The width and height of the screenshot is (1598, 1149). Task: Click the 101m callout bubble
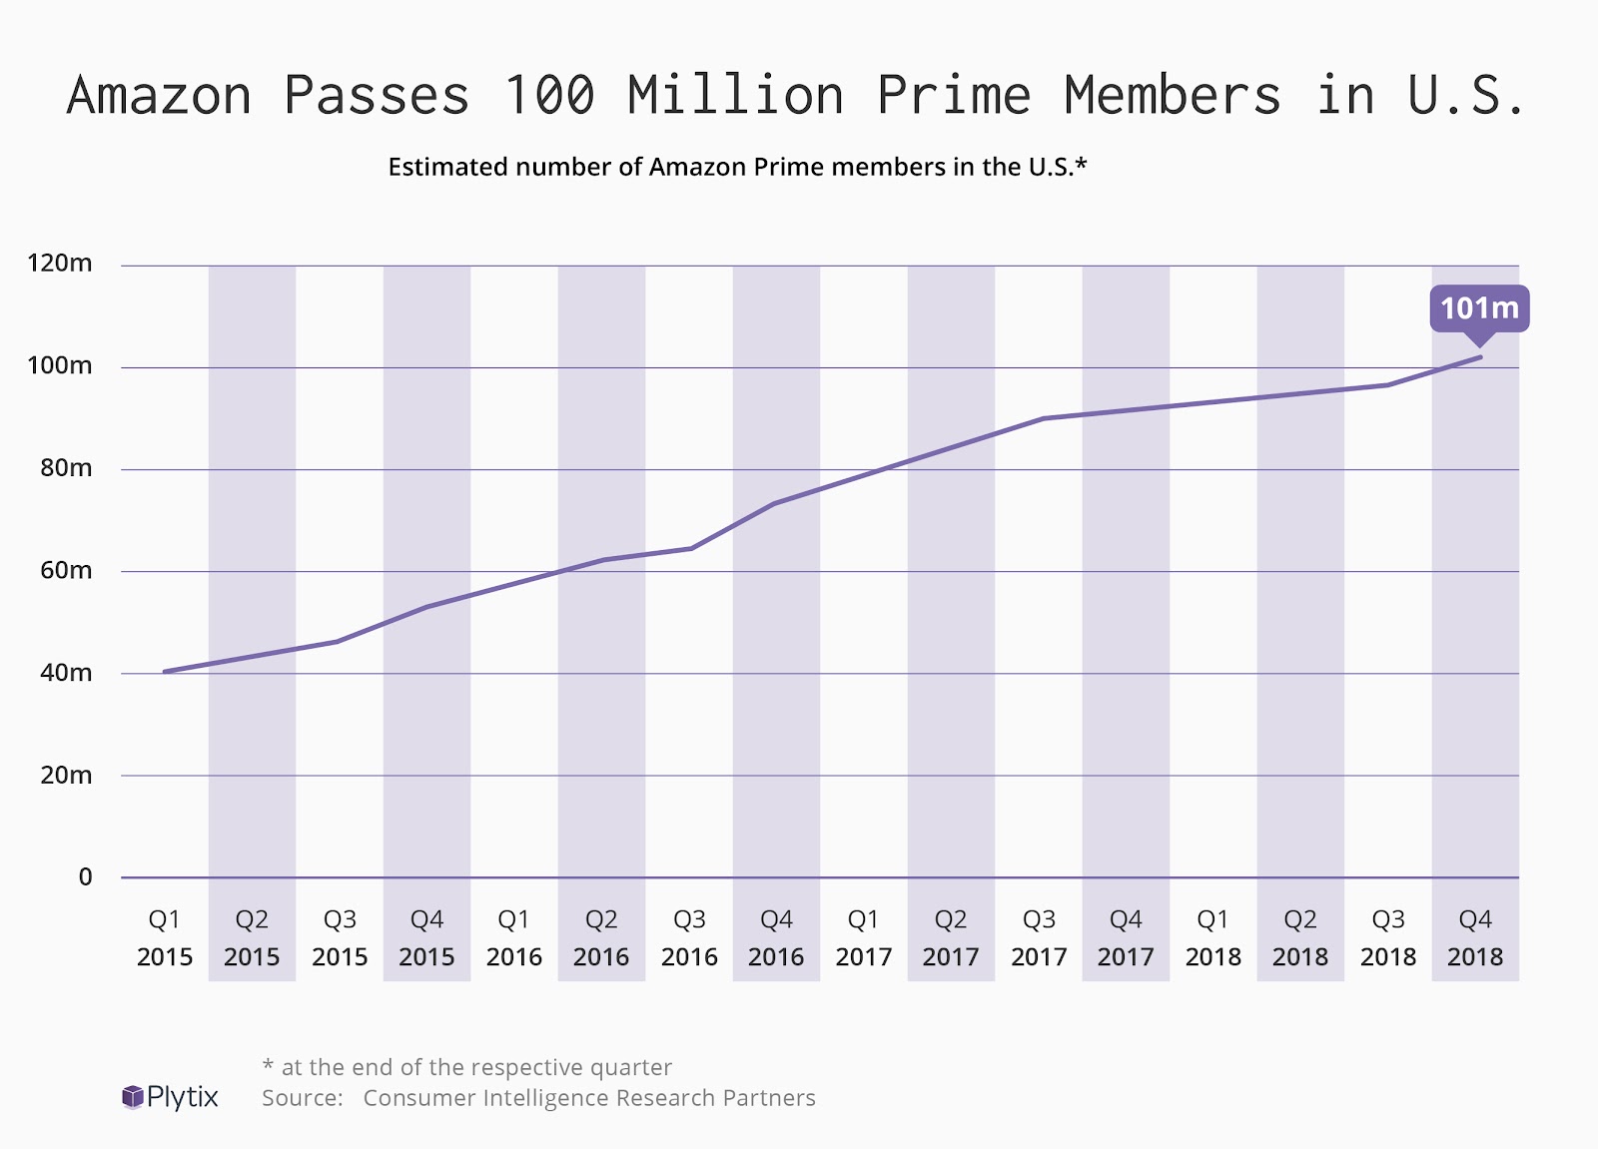click(x=1479, y=308)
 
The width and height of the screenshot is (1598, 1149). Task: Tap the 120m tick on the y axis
click(x=60, y=264)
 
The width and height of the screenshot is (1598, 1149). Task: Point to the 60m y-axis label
click(x=66, y=570)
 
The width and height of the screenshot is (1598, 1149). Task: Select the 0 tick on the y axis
click(x=85, y=876)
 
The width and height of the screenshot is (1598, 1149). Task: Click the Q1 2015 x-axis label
click(x=165, y=937)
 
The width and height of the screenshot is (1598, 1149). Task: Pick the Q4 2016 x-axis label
click(x=776, y=937)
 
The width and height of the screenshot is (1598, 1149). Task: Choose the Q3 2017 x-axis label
click(x=1039, y=937)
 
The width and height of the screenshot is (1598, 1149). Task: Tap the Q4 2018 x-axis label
click(x=1475, y=937)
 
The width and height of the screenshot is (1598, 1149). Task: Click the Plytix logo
click(x=170, y=1097)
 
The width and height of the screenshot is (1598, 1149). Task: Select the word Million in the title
click(x=736, y=96)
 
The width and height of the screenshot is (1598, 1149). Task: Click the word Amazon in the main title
click(x=159, y=96)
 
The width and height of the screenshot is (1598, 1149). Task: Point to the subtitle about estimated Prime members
click(x=737, y=167)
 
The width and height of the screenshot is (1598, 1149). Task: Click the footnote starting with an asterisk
click(x=466, y=1067)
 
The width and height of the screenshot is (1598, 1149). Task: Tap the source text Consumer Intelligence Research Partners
click(x=589, y=1098)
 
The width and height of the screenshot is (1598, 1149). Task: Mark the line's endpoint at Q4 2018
click(x=1480, y=356)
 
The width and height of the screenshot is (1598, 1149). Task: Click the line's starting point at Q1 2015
click(x=165, y=671)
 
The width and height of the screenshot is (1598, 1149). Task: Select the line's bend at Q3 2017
click(x=1042, y=418)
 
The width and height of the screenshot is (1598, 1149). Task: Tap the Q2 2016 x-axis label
click(x=601, y=937)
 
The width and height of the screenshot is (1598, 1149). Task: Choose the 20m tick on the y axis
click(x=66, y=775)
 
